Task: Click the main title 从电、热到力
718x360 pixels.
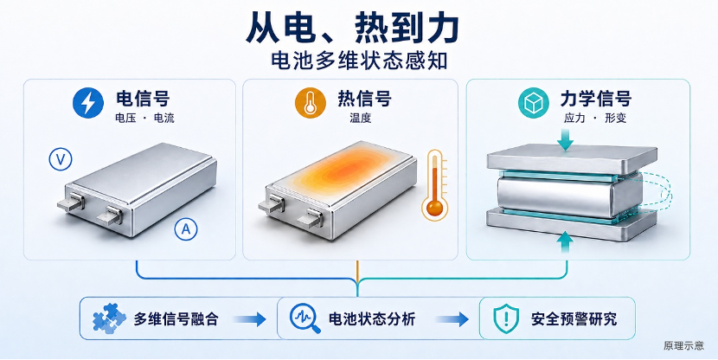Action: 353,29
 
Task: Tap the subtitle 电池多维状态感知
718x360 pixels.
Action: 359,61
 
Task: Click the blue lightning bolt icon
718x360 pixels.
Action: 88,103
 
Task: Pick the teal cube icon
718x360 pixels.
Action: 534,103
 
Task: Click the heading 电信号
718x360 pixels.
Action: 143,99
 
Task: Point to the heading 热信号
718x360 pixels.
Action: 364,98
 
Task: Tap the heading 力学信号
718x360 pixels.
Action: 595,99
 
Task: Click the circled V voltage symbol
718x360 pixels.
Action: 61,159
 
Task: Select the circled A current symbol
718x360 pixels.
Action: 186,229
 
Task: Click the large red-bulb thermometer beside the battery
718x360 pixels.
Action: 434,185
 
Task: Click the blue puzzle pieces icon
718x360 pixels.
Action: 109,318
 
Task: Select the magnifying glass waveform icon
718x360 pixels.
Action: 305,318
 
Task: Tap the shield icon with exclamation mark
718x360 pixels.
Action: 506,318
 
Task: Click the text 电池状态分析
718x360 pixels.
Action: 372,318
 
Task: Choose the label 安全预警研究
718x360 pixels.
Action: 574,318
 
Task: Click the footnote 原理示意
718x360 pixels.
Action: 683,345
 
